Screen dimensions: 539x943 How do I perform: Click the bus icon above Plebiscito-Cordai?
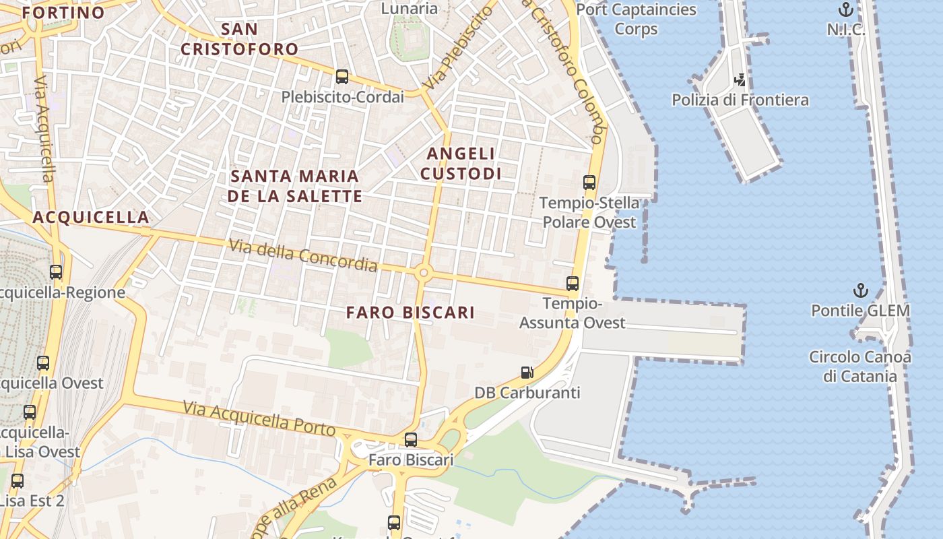click(342, 77)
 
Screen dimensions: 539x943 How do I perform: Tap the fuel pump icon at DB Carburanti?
click(527, 372)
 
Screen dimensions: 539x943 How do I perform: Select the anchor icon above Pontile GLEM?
click(860, 290)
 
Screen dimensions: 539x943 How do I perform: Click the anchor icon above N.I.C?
click(845, 9)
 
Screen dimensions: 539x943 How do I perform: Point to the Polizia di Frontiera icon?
click(740, 80)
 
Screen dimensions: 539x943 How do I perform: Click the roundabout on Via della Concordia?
click(424, 273)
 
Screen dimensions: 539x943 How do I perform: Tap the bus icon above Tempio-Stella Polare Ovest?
click(589, 182)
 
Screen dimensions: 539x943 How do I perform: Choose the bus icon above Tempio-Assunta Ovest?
click(573, 284)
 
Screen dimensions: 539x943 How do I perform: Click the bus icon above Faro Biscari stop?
click(411, 440)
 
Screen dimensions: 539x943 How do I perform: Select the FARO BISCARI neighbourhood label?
click(410, 313)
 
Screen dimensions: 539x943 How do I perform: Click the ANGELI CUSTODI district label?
click(461, 164)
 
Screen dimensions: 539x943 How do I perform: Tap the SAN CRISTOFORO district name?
click(239, 39)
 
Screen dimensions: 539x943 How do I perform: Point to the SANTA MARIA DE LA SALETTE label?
click(294, 186)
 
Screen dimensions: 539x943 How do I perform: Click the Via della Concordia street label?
click(303, 255)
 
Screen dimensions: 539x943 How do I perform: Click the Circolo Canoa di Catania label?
click(860, 367)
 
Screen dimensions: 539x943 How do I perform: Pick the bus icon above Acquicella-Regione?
click(56, 272)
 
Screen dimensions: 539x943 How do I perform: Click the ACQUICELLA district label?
click(91, 217)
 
